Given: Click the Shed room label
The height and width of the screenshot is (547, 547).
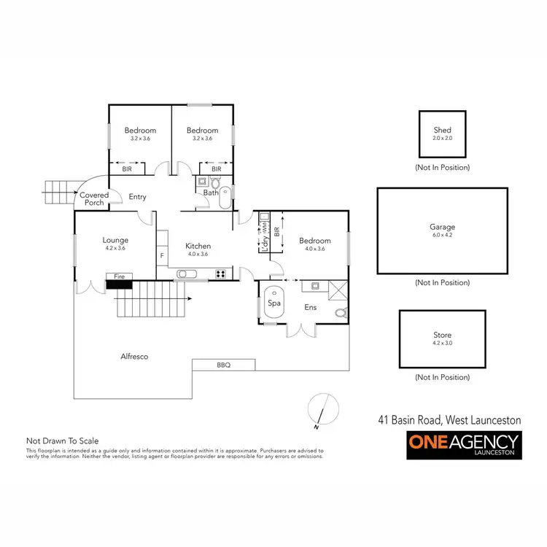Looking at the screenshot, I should (x=443, y=131).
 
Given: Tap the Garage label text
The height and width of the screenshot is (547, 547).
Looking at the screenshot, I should (x=442, y=227).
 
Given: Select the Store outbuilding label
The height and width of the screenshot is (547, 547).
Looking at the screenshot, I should (x=443, y=335).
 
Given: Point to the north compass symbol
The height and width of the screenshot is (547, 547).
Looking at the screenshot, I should (x=324, y=410).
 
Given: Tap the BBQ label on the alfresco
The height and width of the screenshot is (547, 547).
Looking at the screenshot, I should (x=223, y=365).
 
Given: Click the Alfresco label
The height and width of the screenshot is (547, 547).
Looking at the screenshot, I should (x=134, y=357).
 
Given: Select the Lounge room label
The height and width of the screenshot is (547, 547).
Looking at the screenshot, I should (x=115, y=240).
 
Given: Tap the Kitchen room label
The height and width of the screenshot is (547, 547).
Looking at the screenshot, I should (x=198, y=246).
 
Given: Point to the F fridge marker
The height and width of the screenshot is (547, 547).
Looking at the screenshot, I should (x=162, y=256).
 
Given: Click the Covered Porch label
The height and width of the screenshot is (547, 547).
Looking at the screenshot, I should (x=94, y=199).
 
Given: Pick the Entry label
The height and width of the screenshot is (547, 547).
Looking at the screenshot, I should (x=138, y=197).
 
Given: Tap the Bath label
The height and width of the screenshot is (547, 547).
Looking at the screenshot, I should (x=210, y=193).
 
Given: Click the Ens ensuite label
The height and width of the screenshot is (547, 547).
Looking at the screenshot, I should (x=310, y=307).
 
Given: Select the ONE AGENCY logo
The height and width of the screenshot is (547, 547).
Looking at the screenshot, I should (x=463, y=444).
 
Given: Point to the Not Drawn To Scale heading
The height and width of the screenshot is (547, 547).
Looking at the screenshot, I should (x=62, y=441).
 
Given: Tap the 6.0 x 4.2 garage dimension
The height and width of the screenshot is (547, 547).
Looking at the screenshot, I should (x=442, y=235).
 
